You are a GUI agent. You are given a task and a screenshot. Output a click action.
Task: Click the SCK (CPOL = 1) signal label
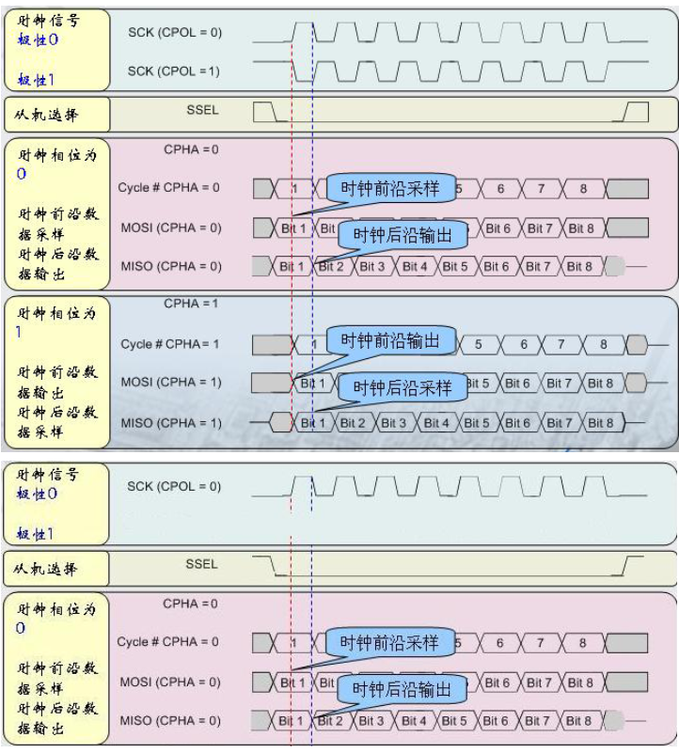point(174,71)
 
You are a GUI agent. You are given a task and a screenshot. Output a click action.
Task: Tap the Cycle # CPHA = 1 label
point(169,344)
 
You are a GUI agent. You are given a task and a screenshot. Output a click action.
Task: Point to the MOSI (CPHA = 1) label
point(171,383)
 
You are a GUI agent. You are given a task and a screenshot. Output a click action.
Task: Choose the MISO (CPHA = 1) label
point(171,423)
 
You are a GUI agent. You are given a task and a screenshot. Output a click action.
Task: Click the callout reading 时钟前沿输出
point(389,340)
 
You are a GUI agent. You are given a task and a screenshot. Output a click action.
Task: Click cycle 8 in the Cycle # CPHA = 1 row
point(604,345)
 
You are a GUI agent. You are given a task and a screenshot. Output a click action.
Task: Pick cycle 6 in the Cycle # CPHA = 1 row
point(525,345)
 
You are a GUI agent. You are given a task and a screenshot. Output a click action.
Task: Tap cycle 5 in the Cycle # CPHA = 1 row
point(478,345)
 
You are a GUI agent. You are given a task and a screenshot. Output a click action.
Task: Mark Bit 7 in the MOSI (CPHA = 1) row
point(559,384)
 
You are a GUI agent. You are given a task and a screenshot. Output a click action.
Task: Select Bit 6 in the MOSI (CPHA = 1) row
point(517,384)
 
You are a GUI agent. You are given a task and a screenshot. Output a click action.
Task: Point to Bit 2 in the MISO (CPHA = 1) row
point(353,423)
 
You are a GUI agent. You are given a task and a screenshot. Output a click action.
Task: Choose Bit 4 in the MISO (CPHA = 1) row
point(435,423)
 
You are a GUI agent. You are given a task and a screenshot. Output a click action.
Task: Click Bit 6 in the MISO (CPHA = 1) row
point(517,423)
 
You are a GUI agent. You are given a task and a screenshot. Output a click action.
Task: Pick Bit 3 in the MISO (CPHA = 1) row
point(394,423)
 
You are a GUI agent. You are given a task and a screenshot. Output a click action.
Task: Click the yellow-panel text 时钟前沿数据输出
point(57,382)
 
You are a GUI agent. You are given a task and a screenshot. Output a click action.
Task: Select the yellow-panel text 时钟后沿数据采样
point(57,422)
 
